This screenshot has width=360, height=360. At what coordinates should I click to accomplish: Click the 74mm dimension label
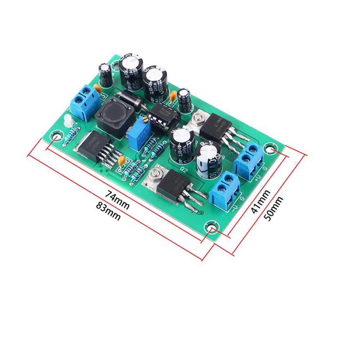117,199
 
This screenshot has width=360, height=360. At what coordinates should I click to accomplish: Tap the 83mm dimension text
108,211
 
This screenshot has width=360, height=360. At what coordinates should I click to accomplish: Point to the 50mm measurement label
273,208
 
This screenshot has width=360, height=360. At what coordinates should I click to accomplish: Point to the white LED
67,122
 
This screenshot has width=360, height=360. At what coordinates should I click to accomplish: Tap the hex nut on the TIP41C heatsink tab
197,117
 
